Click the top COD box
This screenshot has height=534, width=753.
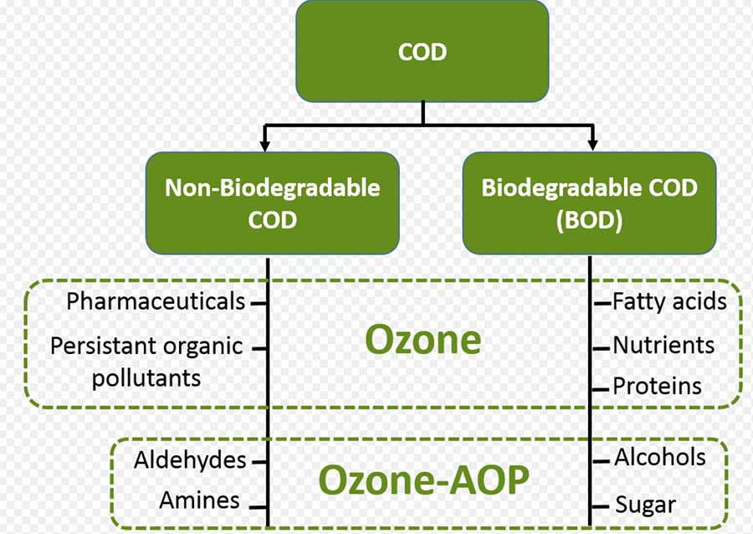(423, 52)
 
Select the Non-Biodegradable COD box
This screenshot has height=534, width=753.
(272, 203)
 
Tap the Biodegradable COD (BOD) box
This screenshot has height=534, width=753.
(589, 203)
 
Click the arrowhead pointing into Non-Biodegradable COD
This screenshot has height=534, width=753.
(265, 145)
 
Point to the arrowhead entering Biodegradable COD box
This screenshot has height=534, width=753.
(593, 145)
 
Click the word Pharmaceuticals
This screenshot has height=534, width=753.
(156, 301)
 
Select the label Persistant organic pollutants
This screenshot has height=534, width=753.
(146, 361)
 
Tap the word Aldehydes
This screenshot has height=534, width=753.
(190, 460)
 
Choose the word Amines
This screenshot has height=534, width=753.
(200, 501)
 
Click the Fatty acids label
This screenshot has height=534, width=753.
(669, 301)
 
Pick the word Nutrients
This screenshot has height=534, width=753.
(663, 345)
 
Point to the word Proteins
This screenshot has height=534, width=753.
(657, 386)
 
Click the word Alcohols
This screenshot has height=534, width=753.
(659, 457)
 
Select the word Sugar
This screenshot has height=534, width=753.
(645, 504)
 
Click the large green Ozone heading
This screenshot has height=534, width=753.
(423, 340)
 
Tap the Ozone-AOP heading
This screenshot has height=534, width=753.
(423, 480)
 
